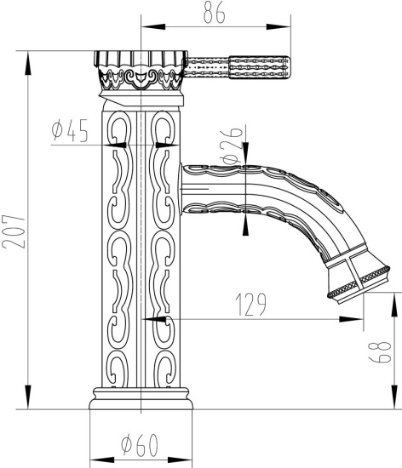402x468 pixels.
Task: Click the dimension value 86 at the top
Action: (x=215, y=14)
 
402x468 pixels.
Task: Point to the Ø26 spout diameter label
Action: (x=229, y=149)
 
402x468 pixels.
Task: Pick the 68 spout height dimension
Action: (x=384, y=351)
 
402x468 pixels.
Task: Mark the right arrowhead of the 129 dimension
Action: (x=357, y=320)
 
